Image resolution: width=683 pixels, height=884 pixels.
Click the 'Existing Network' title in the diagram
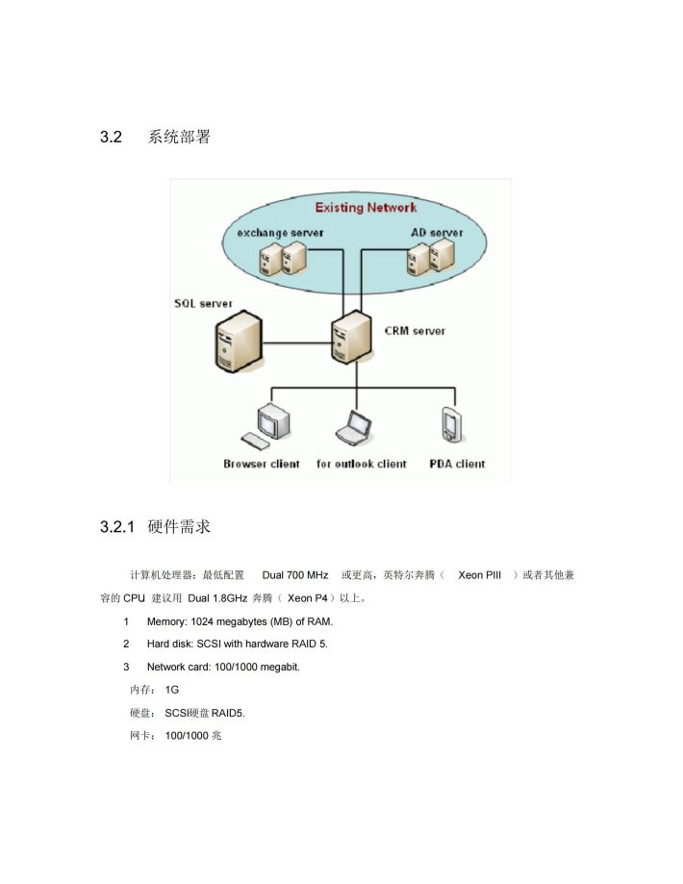(366, 208)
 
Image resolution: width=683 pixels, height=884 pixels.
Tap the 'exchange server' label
(280, 232)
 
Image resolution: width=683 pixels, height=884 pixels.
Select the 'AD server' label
(437, 232)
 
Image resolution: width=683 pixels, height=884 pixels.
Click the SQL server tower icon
(239, 343)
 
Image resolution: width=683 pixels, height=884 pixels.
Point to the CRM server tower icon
(351, 337)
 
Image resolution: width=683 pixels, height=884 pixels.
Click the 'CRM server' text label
(416, 331)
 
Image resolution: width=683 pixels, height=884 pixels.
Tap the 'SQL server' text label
(203, 303)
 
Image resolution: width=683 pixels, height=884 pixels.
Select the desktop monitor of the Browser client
(274, 421)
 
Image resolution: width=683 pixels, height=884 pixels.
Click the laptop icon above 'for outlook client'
(354, 428)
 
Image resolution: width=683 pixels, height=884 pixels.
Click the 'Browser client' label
(261, 464)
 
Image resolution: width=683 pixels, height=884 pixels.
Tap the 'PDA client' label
(457, 464)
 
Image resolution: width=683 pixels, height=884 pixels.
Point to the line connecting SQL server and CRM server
(297, 342)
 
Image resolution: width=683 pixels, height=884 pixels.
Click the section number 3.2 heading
(111, 137)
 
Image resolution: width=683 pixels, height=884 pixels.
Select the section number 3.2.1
(117, 526)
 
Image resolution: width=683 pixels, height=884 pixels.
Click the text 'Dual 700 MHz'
(295, 575)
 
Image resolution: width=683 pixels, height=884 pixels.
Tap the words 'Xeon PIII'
(479, 575)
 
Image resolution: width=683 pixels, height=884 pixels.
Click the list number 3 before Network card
(126, 667)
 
